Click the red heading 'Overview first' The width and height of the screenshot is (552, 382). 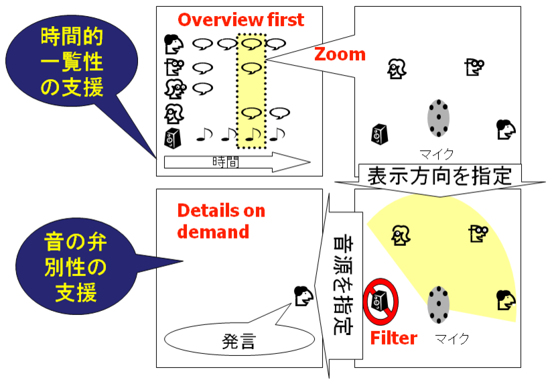click(240, 19)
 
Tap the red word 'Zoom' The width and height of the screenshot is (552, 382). click(340, 54)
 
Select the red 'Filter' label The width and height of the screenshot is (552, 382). click(394, 338)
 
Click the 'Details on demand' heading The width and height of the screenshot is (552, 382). click(221, 221)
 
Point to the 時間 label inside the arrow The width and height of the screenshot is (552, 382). click(226, 162)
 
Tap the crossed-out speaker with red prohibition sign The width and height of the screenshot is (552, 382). click(381, 302)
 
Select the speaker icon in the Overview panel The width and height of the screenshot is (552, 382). click(173, 137)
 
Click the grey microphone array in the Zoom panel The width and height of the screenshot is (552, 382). click(438, 118)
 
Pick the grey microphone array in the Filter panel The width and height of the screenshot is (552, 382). click(438, 304)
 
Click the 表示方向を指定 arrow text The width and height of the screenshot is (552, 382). click(439, 176)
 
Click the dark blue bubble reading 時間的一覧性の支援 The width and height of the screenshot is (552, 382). click(72, 62)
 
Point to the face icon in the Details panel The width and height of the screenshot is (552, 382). click(303, 296)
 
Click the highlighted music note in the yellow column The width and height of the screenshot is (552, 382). click(253, 134)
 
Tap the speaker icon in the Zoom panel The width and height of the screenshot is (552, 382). click(381, 134)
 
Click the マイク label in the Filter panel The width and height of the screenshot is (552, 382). click(452, 338)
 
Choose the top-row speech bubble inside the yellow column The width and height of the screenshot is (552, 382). click(251, 44)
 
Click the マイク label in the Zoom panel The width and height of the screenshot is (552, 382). click(437, 154)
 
